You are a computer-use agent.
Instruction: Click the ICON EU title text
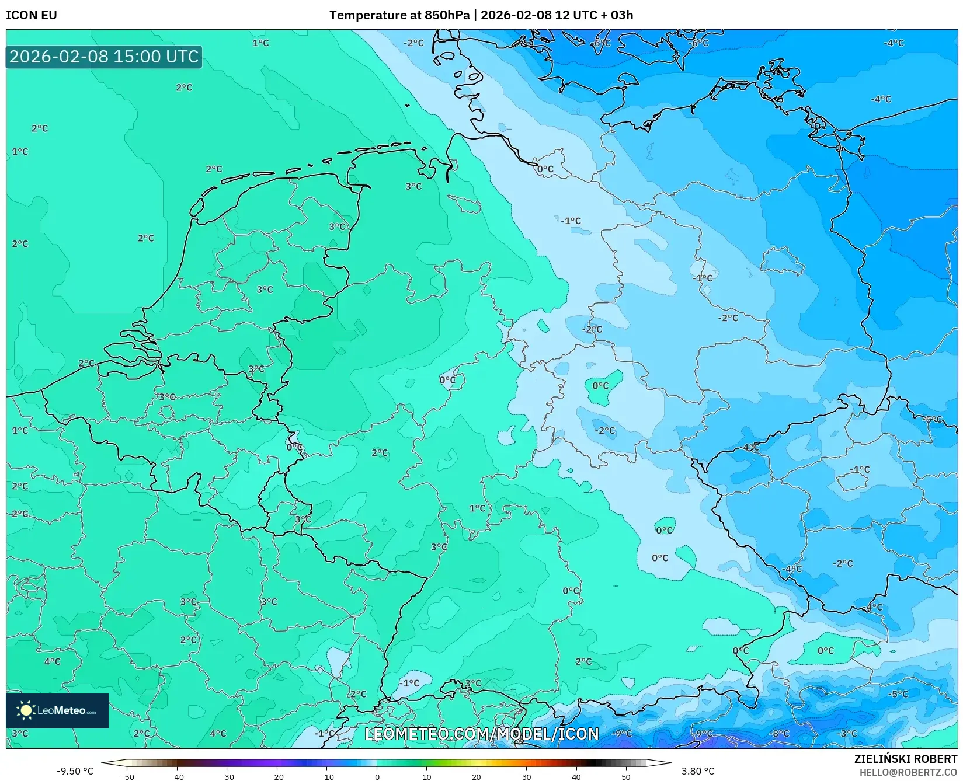click(x=32, y=15)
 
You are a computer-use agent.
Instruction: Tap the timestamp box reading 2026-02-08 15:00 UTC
click(x=104, y=57)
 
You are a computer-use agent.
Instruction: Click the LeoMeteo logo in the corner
click(x=57, y=710)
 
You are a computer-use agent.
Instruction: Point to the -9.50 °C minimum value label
click(x=75, y=771)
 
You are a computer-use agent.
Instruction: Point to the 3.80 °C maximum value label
click(x=698, y=771)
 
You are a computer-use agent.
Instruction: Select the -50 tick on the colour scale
click(x=127, y=776)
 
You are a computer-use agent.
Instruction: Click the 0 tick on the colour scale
click(x=377, y=776)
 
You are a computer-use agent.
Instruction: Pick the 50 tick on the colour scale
click(x=626, y=776)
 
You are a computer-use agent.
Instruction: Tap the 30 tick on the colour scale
click(x=526, y=776)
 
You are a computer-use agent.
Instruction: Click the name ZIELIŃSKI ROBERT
click(x=906, y=759)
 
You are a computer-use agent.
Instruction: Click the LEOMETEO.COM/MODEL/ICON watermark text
click(x=482, y=734)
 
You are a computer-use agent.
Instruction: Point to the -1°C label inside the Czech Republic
click(x=860, y=469)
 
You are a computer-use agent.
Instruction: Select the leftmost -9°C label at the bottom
click(x=622, y=734)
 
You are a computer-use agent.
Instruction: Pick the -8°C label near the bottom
click(x=779, y=734)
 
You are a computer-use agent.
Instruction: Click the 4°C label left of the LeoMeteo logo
click(x=52, y=661)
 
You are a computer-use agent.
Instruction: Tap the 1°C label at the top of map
click(x=260, y=43)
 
